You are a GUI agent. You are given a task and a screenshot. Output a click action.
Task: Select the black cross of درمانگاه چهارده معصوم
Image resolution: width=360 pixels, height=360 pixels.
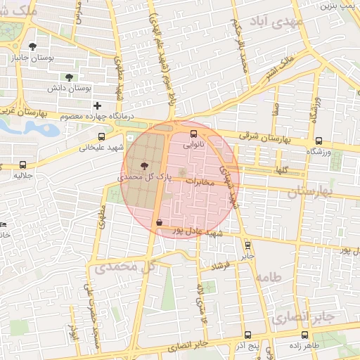coord(97,105)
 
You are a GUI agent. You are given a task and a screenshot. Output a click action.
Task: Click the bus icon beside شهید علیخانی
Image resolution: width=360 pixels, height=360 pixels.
coord(102,137)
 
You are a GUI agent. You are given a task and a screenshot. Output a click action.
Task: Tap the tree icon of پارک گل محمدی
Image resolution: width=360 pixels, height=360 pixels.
coord(144,167)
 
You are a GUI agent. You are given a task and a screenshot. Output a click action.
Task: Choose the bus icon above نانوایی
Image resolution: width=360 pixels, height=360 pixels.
coord(194,134)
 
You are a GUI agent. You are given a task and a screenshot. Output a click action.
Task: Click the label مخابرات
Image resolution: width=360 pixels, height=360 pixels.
coord(200,181)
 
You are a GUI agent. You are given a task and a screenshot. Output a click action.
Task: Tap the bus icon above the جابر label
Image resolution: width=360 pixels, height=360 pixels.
coord(247,245)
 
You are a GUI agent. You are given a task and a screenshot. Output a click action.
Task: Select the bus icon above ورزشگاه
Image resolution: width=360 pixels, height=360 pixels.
coord(319,141)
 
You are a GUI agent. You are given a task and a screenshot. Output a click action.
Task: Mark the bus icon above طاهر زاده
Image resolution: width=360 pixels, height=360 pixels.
coord(304,335)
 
